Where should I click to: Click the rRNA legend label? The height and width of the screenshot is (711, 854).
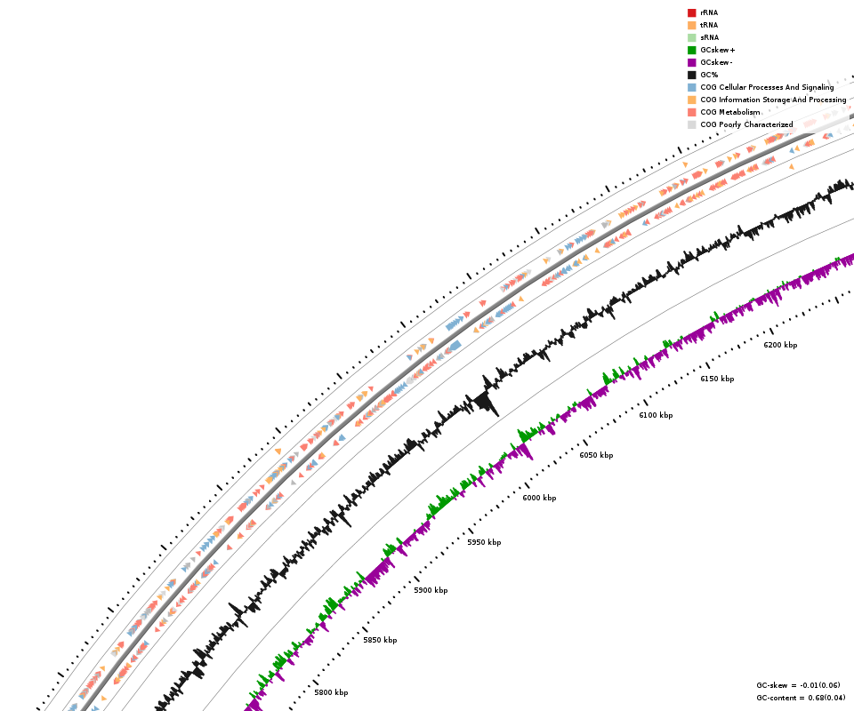(709, 12)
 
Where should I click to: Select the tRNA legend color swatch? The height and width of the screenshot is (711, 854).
(691, 25)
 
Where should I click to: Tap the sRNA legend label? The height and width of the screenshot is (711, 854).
(709, 37)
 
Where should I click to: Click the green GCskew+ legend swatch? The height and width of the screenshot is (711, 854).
(691, 50)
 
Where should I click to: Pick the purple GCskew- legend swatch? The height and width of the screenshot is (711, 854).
(691, 62)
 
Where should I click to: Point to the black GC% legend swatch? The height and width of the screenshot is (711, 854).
(691, 75)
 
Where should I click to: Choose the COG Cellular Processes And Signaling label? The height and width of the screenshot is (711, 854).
(767, 87)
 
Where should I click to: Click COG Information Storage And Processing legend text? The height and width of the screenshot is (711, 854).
(773, 100)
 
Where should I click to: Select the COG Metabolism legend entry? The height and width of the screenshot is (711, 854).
(729, 112)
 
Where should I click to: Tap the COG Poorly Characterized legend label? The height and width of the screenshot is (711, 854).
(746, 124)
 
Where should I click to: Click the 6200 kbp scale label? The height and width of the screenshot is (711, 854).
(780, 345)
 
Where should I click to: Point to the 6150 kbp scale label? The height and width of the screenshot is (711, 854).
(717, 379)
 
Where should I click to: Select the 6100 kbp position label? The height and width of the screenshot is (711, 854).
(656, 415)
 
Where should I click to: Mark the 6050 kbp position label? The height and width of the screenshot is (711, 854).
(596, 455)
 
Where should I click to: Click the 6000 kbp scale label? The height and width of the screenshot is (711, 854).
(539, 498)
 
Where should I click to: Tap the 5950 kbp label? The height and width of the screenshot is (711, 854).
(484, 542)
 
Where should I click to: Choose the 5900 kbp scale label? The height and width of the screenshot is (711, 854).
(431, 590)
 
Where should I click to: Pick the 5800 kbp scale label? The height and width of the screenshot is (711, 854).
(331, 692)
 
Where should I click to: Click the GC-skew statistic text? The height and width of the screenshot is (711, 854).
(798, 685)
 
